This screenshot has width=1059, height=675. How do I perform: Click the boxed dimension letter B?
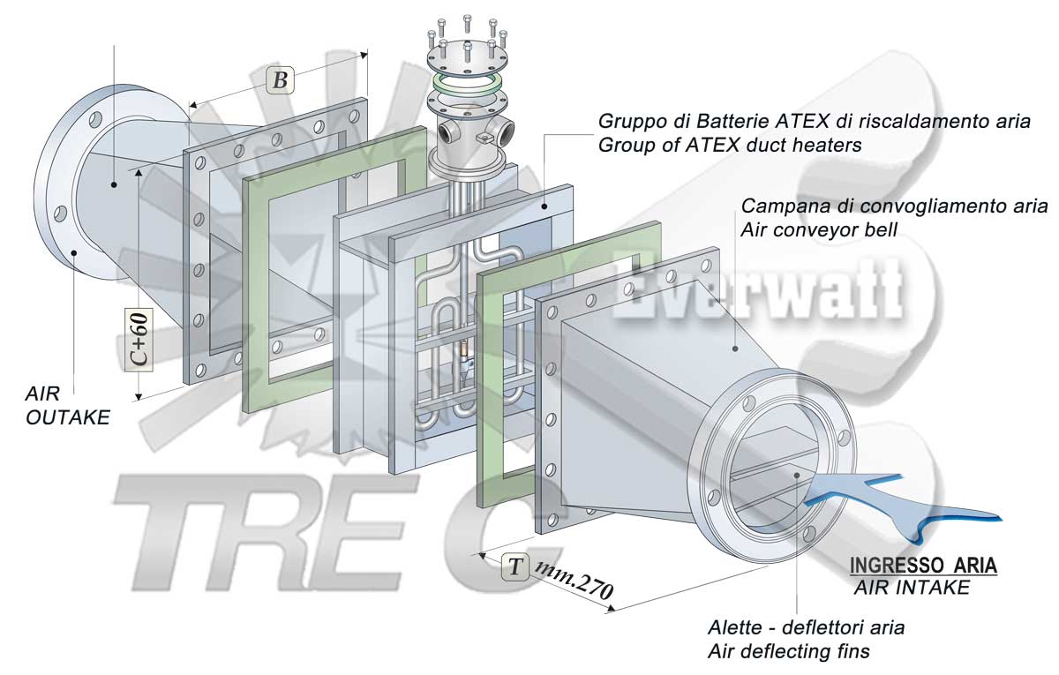[281, 80]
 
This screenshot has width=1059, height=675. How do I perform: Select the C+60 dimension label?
[139, 340]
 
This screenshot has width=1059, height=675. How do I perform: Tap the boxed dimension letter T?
[514, 566]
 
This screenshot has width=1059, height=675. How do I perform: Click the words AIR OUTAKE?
[68, 406]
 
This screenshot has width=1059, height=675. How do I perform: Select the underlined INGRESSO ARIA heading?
[923, 566]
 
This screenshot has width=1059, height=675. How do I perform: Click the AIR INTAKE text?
[912, 588]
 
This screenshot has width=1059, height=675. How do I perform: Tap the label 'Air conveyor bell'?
[819, 230]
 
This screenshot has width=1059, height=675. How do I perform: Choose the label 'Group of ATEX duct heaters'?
[730, 145]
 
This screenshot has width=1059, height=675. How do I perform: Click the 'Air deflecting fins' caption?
[789, 651]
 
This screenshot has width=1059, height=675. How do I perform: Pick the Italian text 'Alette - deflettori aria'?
[806, 627]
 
